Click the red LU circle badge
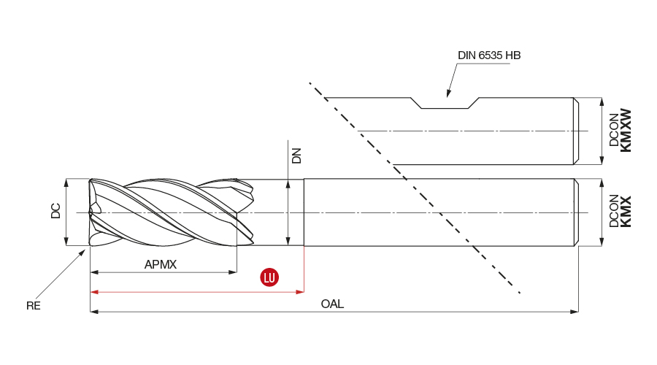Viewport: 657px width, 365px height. click(x=270, y=277)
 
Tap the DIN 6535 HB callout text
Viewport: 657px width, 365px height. click(x=488, y=55)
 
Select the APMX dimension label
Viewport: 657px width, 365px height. click(x=161, y=264)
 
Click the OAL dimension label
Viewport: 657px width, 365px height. click(x=332, y=304)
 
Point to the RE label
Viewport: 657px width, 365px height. click(x=34, y=306)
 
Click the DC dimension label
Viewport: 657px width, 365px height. click(x=56, y=212)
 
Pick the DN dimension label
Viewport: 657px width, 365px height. click(x=296, y=155)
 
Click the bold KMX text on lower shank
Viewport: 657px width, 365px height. click(x=626, y=212)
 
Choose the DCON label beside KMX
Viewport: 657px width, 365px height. click(x=613, y=212)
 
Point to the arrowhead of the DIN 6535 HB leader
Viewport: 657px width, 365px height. click(x=449, y=96)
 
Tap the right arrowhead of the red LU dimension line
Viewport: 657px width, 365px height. click(x=300, y=292)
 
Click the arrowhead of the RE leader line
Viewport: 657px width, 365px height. click(x=84, y=250)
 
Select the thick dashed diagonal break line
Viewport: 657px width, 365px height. click(x=416, y=190)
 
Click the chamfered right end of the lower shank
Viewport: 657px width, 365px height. click(x=576, y=212)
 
